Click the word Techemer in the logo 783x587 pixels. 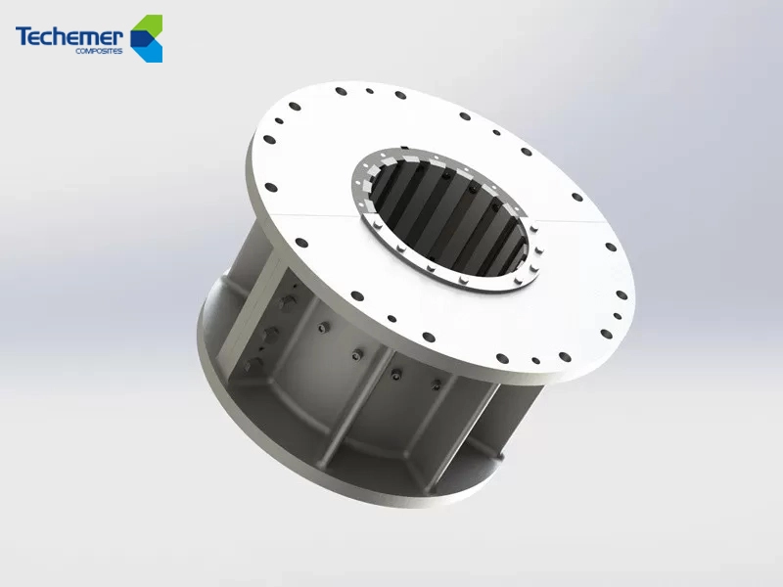click(x=69, y=36)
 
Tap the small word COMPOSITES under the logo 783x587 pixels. click(x=99, y=51)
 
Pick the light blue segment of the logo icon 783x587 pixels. click(x=152, y=51)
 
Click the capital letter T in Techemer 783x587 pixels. click(x=23, y=36)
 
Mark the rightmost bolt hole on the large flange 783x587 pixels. click(x=622, y=295)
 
